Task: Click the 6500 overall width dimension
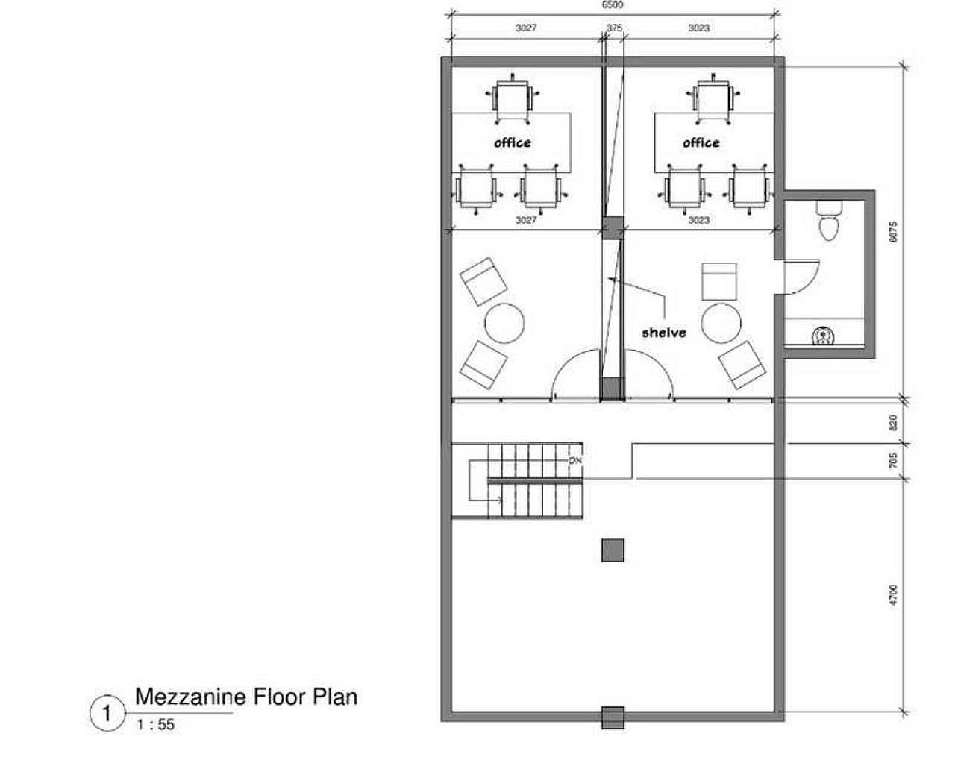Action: pyautogui.click(x=613, y=5)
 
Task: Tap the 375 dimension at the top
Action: pyautogui.click(x=614, y=28)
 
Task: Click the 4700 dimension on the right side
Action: pyautogui.click(x=894, y=595)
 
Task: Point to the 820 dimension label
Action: pyautogui.click(x=894, y=422)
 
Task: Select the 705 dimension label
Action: pyautogui.click(x=894, y=460)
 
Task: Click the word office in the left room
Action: pyautogui.click(x=513, y=143)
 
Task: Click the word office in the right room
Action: pyautogui.click(x=701, y=143)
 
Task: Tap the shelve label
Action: pyautogui.click(x=664, y=333)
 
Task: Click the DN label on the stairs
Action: pyautogui.click(x=575, y=461)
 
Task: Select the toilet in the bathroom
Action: pyautogui.click(x=829, y=220)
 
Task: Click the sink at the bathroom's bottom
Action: pyautogui.click(x=824, y=337)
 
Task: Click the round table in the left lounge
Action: pyautogui.click(x=504, y=323)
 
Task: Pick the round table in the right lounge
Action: pyautogui.click(x=721, y=323)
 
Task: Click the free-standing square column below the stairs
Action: pyautogui.click(x=613, y=550)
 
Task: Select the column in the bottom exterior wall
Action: pyautogui.click(x=613, y=717)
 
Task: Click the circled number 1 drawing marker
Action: pyautogui.click(x=107, y=714)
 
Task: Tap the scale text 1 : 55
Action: pyautogui.click(x=156, y=725)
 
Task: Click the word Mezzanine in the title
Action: pyautogui.click(x=191, y=697)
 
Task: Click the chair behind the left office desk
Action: pyautogui.click(x=513, y=99)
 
